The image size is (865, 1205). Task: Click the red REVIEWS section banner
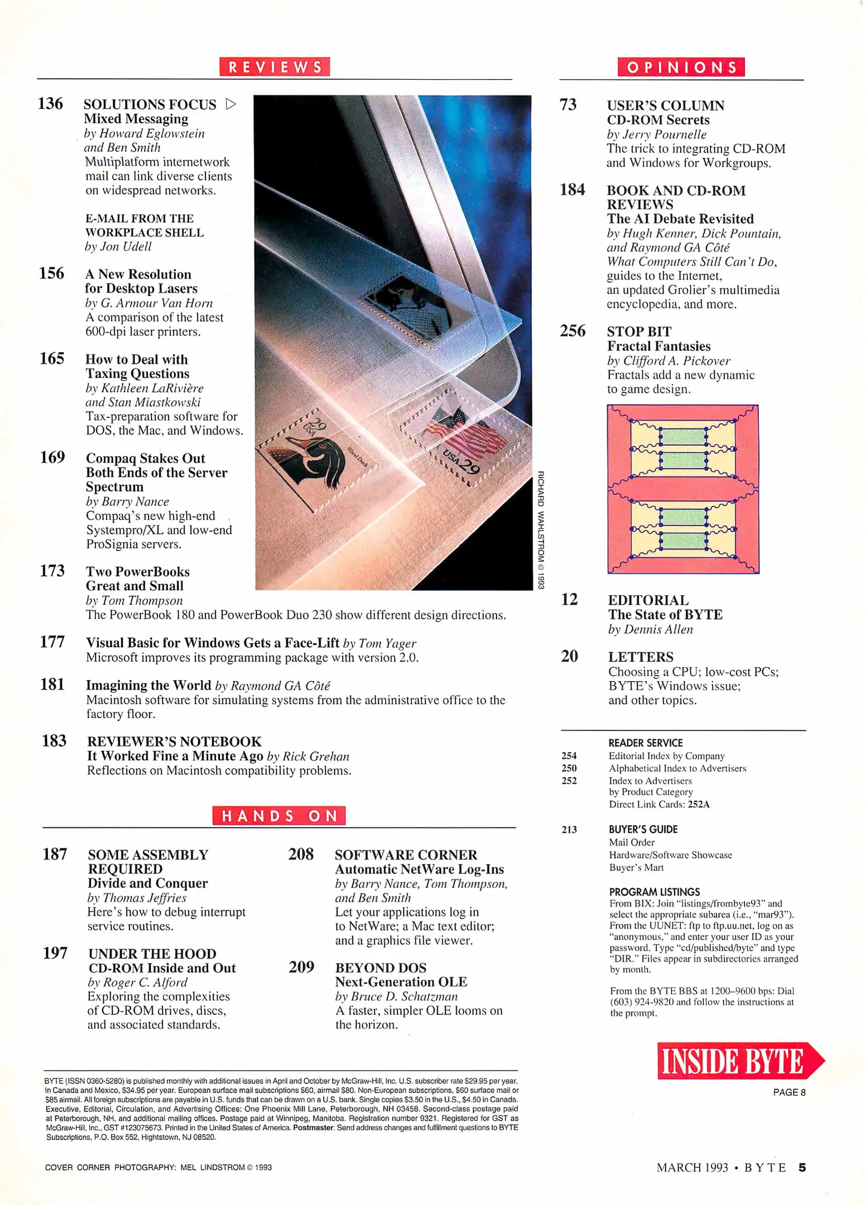274,67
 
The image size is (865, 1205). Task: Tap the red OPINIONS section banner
680,68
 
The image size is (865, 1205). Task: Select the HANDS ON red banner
278,816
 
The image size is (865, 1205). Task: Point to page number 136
50,104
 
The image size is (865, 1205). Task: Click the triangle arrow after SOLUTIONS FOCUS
230,104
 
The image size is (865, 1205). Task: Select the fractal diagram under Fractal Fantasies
683,489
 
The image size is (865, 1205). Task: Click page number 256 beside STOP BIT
573,331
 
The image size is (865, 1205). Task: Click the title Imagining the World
148,685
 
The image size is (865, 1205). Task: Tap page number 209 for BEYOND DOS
301,967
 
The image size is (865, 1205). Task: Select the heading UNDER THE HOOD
152,953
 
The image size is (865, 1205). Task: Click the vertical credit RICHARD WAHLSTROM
540,530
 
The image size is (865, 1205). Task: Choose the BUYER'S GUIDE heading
643,829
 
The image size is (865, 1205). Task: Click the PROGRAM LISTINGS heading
654,891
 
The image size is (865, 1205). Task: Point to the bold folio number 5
802,1167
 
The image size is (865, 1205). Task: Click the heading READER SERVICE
645,743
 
